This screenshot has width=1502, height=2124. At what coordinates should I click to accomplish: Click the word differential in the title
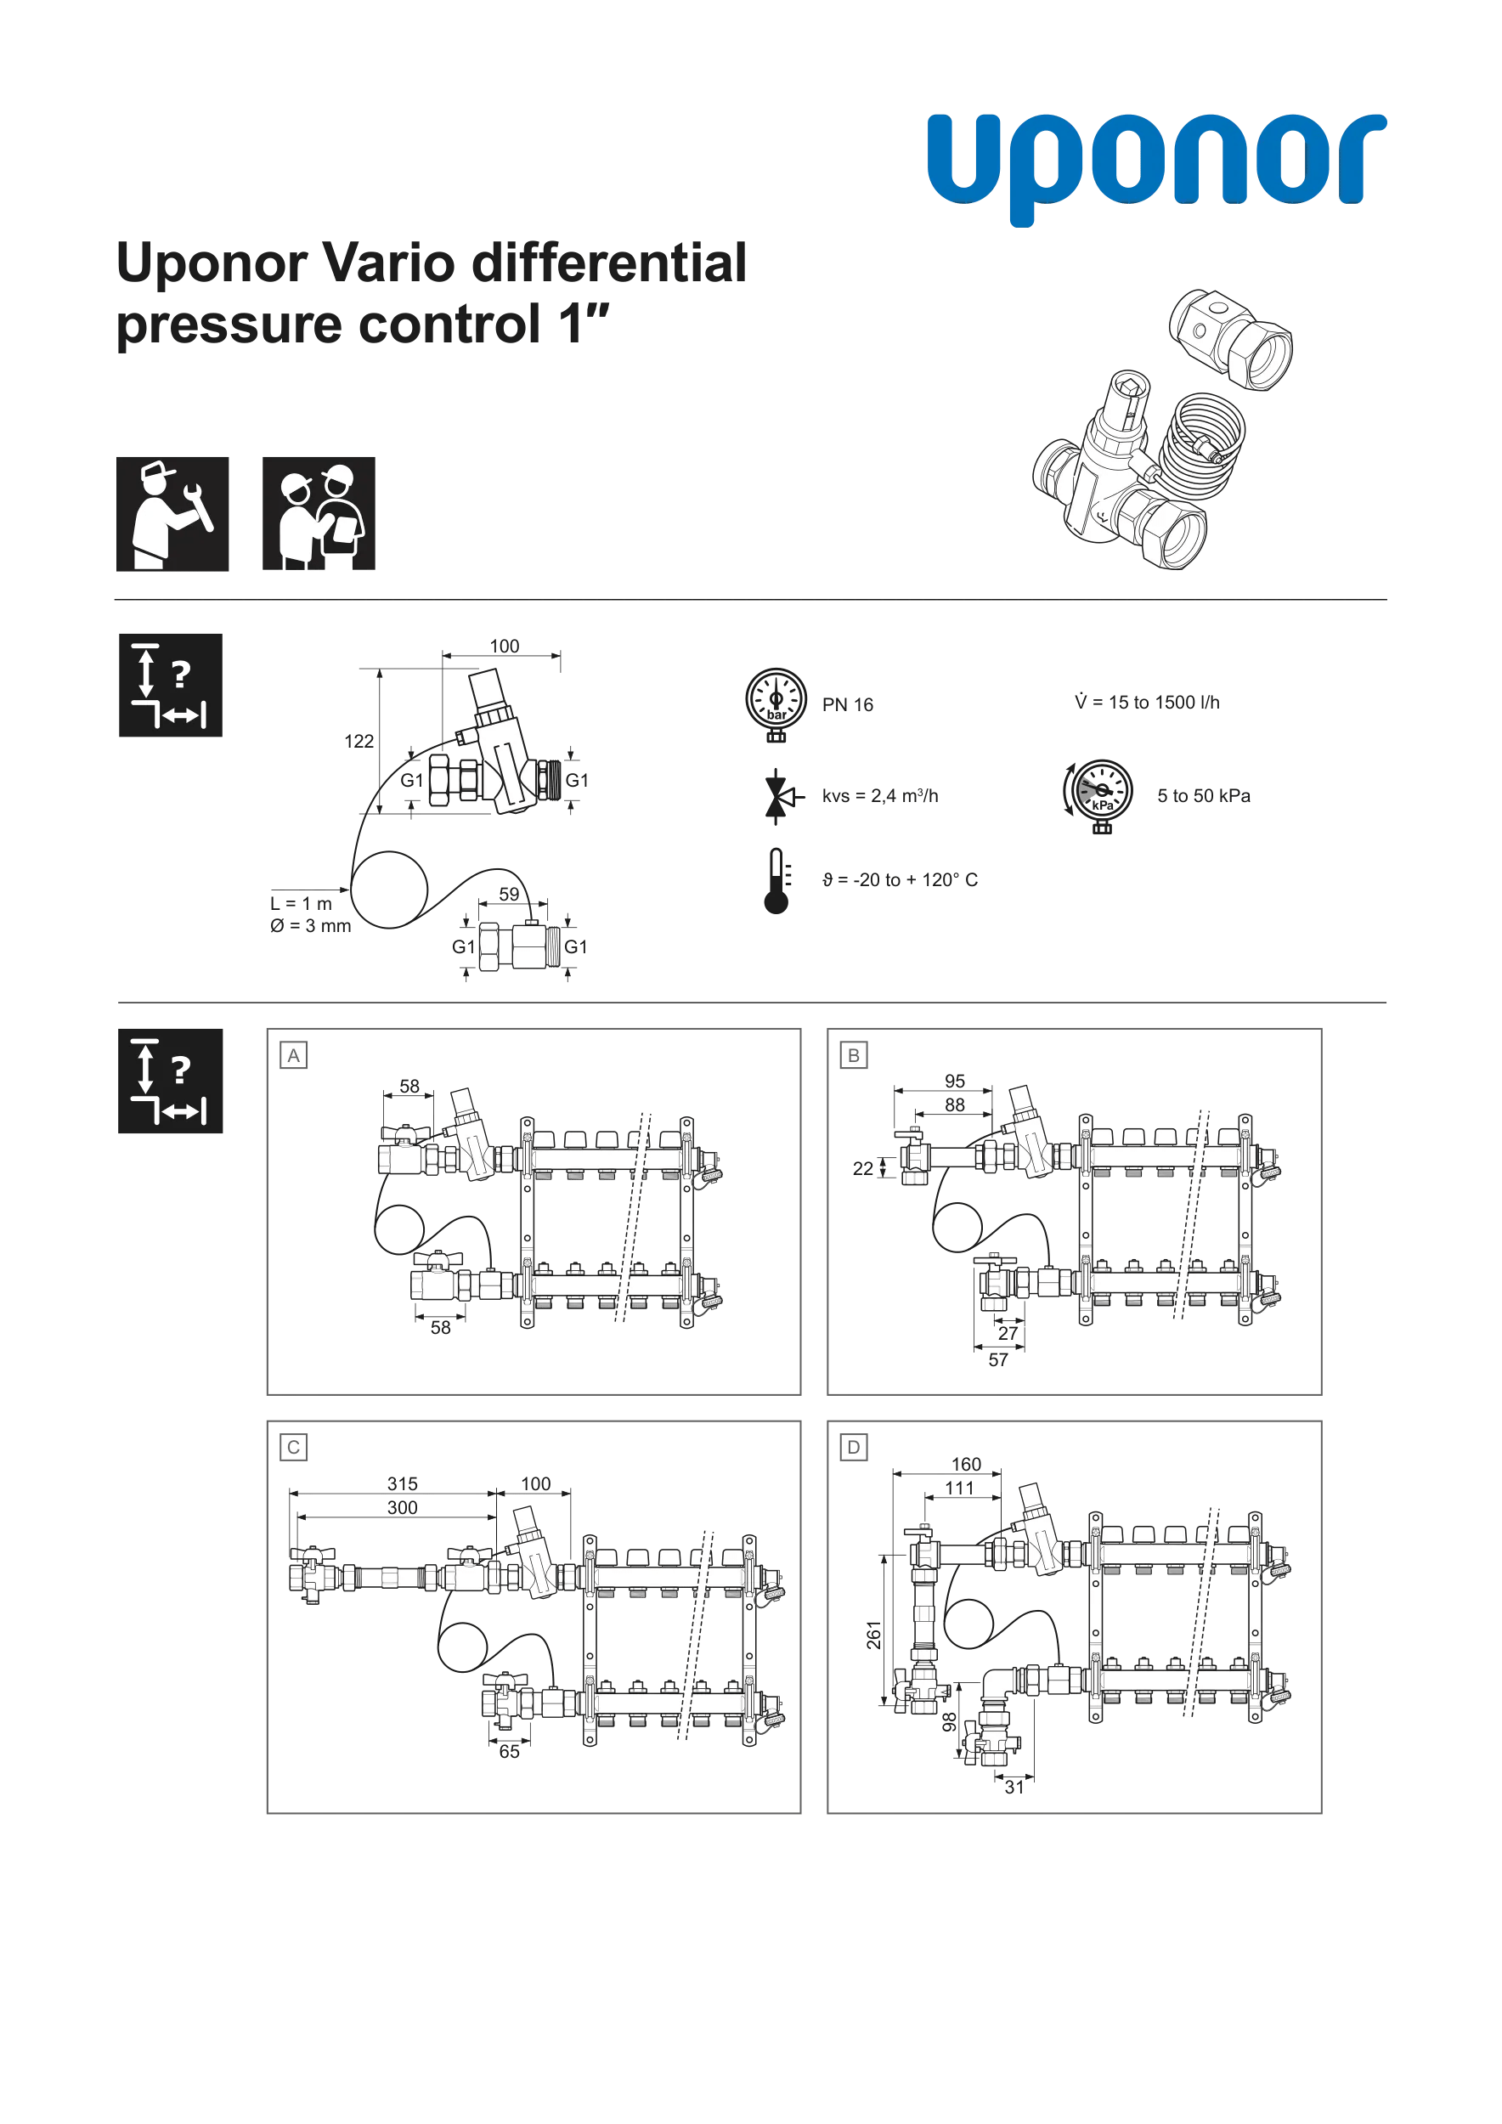tap(607, 263)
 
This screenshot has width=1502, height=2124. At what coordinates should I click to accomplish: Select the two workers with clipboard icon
tap(319, 513)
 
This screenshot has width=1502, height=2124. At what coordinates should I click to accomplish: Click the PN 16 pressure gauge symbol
tap(776, 705)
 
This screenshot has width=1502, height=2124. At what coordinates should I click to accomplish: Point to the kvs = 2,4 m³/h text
tap(879, 795)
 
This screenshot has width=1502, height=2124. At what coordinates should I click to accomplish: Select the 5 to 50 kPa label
tap(1203, 795)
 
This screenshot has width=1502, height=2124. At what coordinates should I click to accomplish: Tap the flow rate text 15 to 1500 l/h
tap(1147, 702)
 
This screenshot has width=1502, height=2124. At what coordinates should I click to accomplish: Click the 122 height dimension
tap(359, 741)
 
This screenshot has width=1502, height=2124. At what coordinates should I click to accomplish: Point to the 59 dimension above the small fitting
tap(509, 895)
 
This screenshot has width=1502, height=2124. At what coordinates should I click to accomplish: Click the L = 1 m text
tap(301, 904)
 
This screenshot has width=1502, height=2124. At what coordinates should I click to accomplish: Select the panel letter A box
tap(293, 1055)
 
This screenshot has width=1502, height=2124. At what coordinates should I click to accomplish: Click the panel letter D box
tap(853, 1448)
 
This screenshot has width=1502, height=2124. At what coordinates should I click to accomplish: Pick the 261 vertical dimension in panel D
tap(874, 1635)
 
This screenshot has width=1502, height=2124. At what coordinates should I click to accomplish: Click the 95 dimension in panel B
tap(955, 1082)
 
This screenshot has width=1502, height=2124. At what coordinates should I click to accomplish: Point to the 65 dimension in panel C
tap(510, 1752)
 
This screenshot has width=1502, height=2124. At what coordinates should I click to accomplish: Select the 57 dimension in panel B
tap(998, 1360)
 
